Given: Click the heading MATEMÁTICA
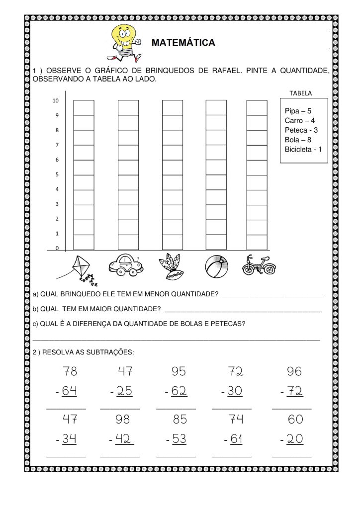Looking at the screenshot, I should tap(183, 43).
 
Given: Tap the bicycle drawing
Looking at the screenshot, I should tap(259, 265).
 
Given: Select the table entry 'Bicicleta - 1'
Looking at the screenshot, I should tap(303, 149).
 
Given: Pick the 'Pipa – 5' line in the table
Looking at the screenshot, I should tap(298, 111).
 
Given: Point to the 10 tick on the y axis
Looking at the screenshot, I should tap(56, 101).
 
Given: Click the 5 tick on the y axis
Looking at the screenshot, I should tap(57, 174).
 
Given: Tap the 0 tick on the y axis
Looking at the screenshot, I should tap(57, 248).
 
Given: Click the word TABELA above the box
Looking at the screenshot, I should tap(300, 93).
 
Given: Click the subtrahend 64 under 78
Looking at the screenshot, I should tap(70, 392).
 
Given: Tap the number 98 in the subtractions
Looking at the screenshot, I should tap(122, 420).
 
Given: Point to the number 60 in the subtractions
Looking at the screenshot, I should tap(295, 420).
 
